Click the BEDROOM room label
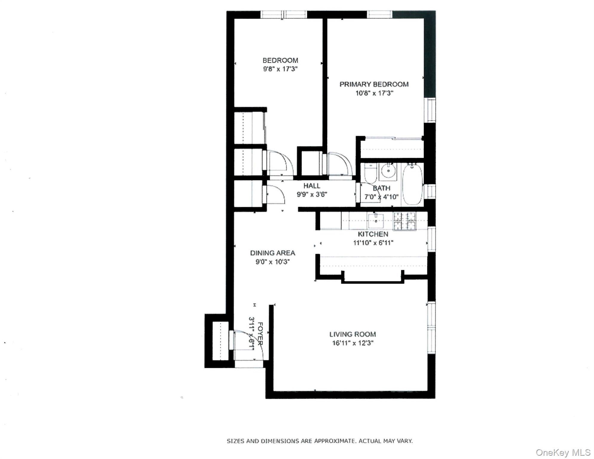pyautogui.click(x=280, y=60)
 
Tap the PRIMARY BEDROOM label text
pyautogui.click(x=374, y=84)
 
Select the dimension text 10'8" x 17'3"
pyautogui.click(x=374, y=93)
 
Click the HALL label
pyautogui.click(x=312, y=186)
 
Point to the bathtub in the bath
pyautogui.click(x=412, y=184)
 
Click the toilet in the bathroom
pyautogui.click(x=370, y=173)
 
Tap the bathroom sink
pyautogui.click(x=388, y=171)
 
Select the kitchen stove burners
pyautogui.click(x=405, y=221)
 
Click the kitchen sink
pyautogui.click(x=376, y=221)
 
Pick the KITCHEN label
pyautogui.click(x=373, y=234)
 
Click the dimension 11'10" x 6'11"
pyautogui.click(x=373, y=243)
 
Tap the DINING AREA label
pyautogui.click(x=272, y=253)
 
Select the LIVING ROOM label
pyautogui.click(x=353, y=334)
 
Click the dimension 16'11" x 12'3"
pyautogui.click(x=353, y=343)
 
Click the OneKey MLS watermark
pyautogui.click(x=563, y=452)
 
